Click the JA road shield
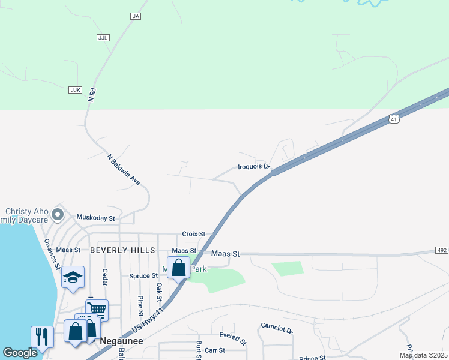[x=135, y=16]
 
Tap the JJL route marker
[x=103, y=37]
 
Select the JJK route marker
[x=75, y=89]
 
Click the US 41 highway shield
[x=393, y=119]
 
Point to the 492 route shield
[x=441, y=250]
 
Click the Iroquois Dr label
[x=255, y=167]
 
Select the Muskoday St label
[x=95, y=218]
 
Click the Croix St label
[x=194, y=234]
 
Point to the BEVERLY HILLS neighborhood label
[x=122, y=250]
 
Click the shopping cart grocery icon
[x=97, y=310]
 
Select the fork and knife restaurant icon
[x=41, y=336]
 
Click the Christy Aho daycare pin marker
[x=58, y=214]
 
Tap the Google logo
[x=20, y=353]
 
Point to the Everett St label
[x=233, y=337]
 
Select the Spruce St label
[x=143, y=276]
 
